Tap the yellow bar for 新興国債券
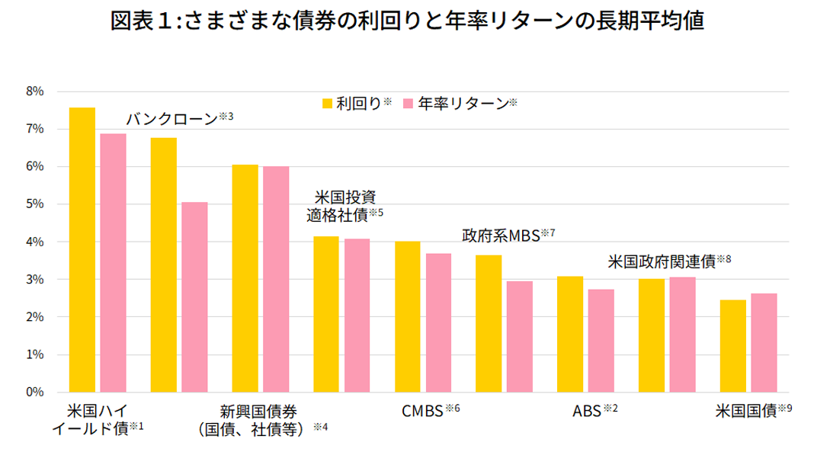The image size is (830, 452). [x=245, y=278]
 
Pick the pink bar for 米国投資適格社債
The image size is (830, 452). [x=357, y=316]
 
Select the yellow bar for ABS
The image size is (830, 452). [x=570, y=335]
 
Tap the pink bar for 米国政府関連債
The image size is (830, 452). [x=682, y=335]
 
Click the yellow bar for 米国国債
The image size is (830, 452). [x=732, y=346]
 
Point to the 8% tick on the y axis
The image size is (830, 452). [x=35, y=91]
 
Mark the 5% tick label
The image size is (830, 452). [x=35, y=204]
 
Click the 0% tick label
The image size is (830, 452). [x=35, y=393]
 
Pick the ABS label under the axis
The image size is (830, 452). [x=586, y=412]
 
